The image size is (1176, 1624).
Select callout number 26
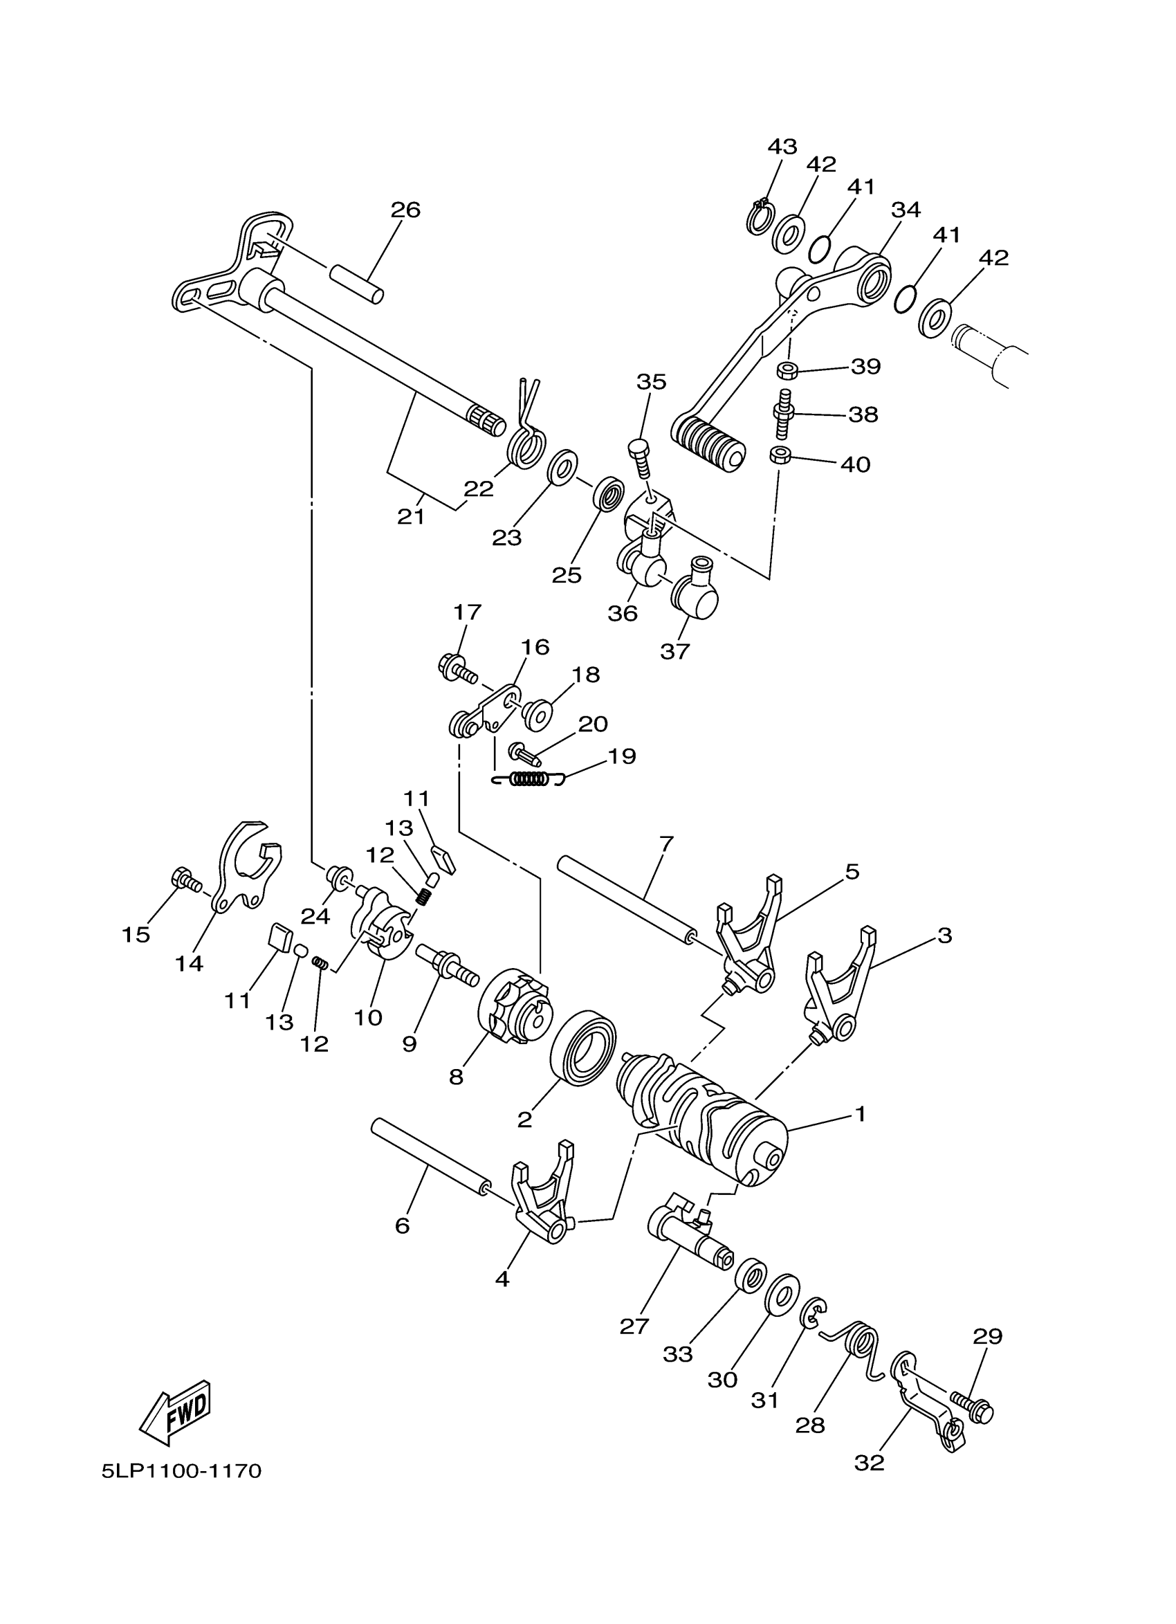[x=405, y=210]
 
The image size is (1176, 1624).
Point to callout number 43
[x=782, y=147]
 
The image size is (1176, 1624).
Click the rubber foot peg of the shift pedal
[x=707, y=444]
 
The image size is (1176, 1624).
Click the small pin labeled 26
[x=356, y=284]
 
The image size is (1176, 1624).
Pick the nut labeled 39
[x=787, y=370]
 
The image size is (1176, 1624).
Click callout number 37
[x=674, y=651]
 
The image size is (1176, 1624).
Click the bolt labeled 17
[x=456, y=670]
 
